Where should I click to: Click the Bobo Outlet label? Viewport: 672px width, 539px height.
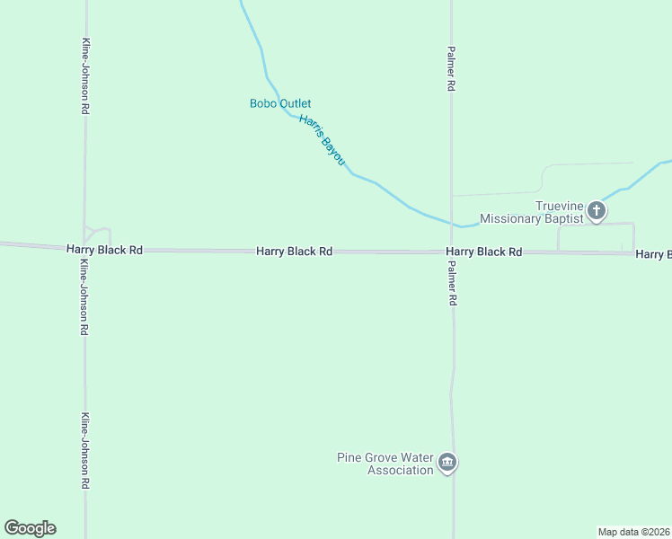pos(280,104)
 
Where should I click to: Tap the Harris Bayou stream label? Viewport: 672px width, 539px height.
pos(322,139)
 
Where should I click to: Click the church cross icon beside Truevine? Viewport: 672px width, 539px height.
pos(597,212)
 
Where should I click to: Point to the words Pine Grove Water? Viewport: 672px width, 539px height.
pos(385,457)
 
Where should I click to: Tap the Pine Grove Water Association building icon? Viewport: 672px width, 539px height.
pos(447,464)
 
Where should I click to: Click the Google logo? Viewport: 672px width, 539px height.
pos(30,528)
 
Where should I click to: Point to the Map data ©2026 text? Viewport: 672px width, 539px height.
pos(633,531)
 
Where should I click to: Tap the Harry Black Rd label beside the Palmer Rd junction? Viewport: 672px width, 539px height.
pos(484,252)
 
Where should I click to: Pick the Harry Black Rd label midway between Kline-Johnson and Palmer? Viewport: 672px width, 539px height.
pos(295,252)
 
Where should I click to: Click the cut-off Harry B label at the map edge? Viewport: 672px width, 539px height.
pos(653,255)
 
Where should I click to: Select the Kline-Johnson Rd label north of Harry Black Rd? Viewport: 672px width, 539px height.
pos(84,75)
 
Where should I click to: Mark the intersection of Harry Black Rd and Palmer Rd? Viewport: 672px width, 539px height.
pos(452,252)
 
